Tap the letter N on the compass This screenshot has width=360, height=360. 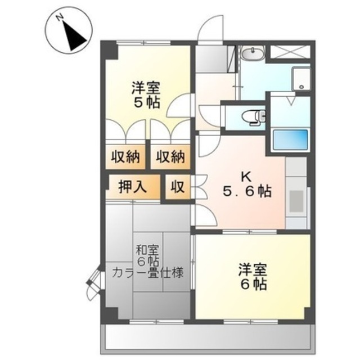tap(60, 17)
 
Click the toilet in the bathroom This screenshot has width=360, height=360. tap(254, 117)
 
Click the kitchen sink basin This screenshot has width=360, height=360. tap(296, 201)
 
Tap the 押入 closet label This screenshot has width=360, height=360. tap(133, 187)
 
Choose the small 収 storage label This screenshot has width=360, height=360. tap(178, 187)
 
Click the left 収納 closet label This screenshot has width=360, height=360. tap(125, 157)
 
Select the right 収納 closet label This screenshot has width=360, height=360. tap(170, 157)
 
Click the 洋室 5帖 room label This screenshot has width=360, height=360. tap(146, 94)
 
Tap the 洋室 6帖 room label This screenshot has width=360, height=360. tap(253, 277)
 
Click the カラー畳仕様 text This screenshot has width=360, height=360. tap(148, 273)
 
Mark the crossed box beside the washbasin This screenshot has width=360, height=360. tap(290, 52)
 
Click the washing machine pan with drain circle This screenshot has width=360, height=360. tap(301, 79)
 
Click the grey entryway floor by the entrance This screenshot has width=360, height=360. tap(211, 58)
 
